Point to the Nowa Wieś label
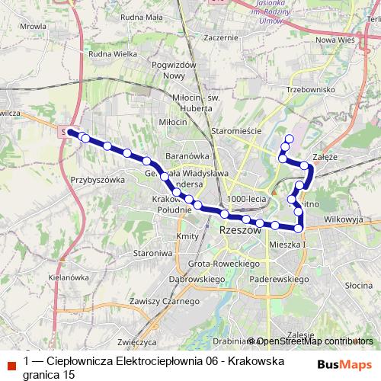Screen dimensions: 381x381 tap(336, 40)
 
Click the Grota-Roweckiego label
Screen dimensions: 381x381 tap(219, 263)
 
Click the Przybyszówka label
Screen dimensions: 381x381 tap(97, 181)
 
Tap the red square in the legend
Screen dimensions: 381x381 tap(11, 364)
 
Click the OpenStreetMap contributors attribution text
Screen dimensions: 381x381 tap(314, 341)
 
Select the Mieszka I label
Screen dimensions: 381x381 tap(287, 245)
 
